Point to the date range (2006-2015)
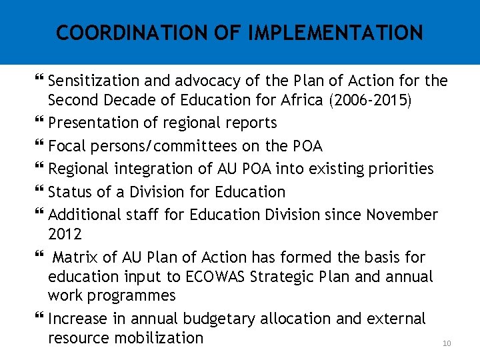pos(359,101)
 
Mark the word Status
pos(70,192)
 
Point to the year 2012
pos(65,234)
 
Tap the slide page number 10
pos(447,343)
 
